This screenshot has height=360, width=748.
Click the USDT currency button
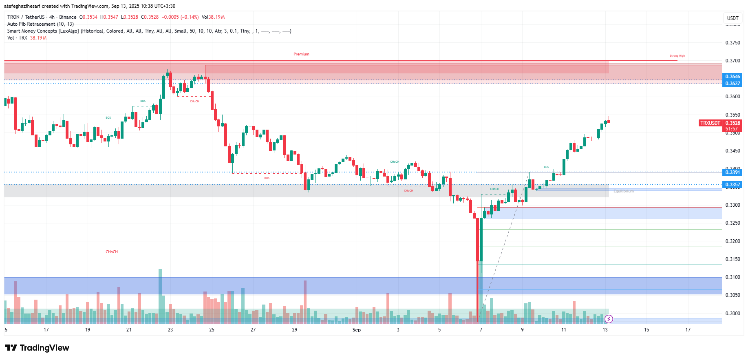(x=733, y=18)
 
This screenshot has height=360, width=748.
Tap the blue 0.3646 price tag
(x=732, y=77)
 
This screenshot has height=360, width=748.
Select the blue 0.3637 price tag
(x=732, y=84)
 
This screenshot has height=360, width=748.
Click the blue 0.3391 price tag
(x=732, y=172)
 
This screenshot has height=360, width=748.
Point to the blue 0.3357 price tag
(x=732, y=185)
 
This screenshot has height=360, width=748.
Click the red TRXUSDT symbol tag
(x=710, y=123)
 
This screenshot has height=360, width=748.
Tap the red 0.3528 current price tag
(x=733, y=123)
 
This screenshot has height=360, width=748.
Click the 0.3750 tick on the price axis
(x=733, y=43)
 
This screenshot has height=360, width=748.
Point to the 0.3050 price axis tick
(x=733, y=295)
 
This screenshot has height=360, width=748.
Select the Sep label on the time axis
(x=356, y=330)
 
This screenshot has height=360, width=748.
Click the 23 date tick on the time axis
(x=170, y=330)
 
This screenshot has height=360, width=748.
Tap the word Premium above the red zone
(x=301, y=54)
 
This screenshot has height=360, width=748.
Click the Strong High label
(x=677, y=56)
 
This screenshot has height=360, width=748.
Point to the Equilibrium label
(x=623, y=191)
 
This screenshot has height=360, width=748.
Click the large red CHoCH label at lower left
(x=112, y=252)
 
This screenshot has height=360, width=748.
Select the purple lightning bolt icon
(x=609, y=319)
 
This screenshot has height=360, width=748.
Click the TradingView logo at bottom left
(x=37, y=348)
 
